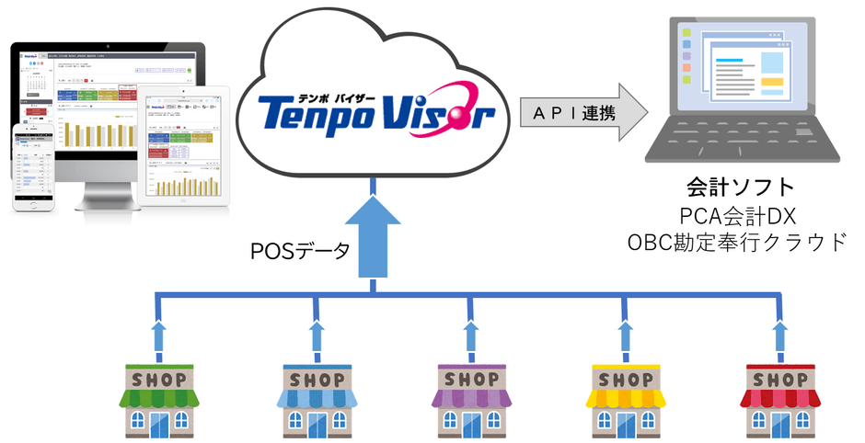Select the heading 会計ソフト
740,188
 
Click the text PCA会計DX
740,217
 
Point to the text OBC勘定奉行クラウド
740,244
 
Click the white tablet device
184,147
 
